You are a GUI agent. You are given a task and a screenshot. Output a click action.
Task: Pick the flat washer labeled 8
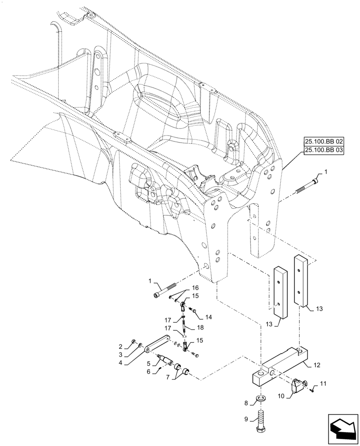coord(261,398)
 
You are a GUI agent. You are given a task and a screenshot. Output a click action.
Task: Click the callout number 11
coord(323,383)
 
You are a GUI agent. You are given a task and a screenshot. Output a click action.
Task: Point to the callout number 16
coord(195,288)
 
